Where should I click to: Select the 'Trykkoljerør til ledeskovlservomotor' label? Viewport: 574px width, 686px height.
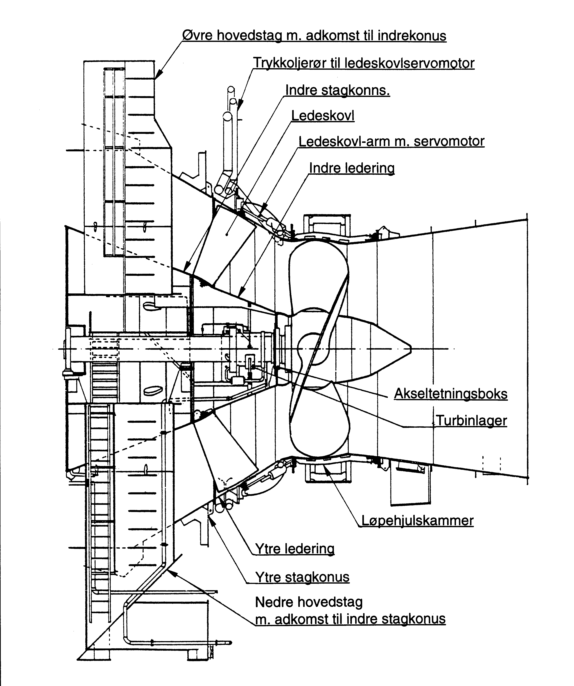pyautogui.click(x=364, y=63)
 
